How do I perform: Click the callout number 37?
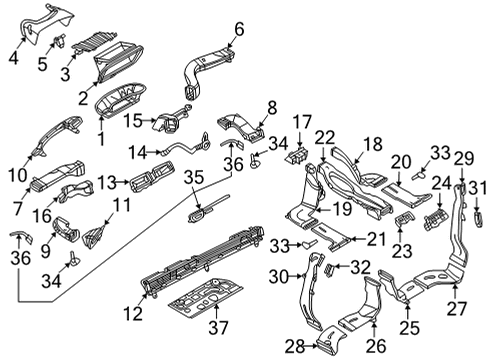pyautogui.click(x=218, y=327)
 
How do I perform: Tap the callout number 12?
pyautogui.click(x=133, y=313)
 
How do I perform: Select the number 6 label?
pyautogui.click(x=239, y=29)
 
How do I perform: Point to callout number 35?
pyautogui.click(x=194, y=177)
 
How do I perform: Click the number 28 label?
pyautogui.click(x=295, y=347)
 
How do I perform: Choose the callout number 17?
pyautogui.click(x=302, y=122)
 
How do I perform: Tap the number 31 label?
pyautogui.click(x=477, y=188)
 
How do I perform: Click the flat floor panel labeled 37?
pyautogui.click(x=206, y=296)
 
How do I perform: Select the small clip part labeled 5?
pyautogui.click(x=60, y=41)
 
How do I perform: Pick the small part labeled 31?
pyautogui.click(x=477, y=219)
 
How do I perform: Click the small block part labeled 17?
pyautogui.click(x=297, y=155)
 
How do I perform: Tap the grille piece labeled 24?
pyautogui.click(x=436, y=218)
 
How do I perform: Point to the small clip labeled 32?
pyautogui.click(x=328, y=269)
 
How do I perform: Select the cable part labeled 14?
pyautogui.click(x=184, y=146)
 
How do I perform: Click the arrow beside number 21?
pyautogui.click(x=357, y=239)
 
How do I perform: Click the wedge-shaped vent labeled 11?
pyautogui.click(x=93, y=236)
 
